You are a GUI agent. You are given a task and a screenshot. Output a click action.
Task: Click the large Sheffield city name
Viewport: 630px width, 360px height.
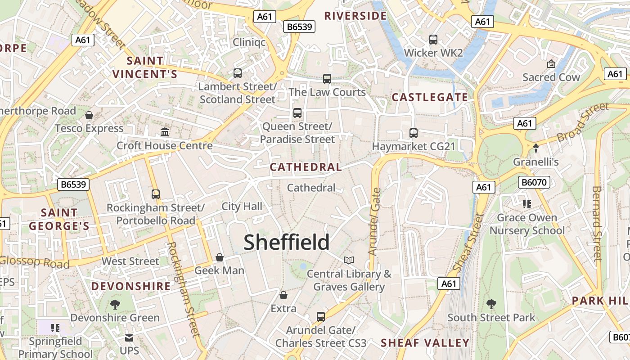click(x=287, y=242)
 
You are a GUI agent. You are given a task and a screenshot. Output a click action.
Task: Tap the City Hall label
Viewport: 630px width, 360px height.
click(x=242, y=207)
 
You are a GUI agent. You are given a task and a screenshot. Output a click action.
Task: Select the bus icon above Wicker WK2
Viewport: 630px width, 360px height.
click(x=433, y=40)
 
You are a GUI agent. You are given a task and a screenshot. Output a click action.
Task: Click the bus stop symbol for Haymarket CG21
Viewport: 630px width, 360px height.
click(x=414, y=133)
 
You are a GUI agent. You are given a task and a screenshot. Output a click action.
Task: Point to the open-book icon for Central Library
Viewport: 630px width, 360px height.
click(x=349, y=260)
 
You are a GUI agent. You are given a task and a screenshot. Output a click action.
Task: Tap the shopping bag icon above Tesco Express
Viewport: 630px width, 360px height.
click(x=89, y=115)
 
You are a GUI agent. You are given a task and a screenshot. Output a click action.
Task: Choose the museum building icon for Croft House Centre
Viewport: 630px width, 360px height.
click(x=165, y=132)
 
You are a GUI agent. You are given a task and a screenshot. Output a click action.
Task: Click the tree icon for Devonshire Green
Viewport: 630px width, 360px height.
click(x=115, y=304)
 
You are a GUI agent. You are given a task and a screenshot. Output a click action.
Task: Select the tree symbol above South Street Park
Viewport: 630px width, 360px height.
click(x=491, y=304)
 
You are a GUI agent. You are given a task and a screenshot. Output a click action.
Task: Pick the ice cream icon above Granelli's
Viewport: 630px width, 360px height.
click(x=536, y=148)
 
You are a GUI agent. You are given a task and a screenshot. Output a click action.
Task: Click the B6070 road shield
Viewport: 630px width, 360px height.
click(x=534, y=182)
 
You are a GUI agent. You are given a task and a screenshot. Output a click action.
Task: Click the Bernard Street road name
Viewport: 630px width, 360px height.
click(x=597, y=224)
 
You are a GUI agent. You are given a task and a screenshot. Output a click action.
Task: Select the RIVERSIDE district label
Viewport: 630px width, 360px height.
click(x=355, y=16)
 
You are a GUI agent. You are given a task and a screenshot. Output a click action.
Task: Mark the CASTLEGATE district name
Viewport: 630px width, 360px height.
click(x=430, y=97)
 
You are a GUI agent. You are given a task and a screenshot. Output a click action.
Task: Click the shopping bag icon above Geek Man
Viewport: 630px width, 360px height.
click(x=220, y=257)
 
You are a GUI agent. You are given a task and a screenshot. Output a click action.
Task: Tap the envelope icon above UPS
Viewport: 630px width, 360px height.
click(x=129, y=337)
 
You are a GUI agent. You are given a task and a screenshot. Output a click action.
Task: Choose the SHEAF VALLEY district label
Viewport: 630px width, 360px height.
click(x=425, y=342)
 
